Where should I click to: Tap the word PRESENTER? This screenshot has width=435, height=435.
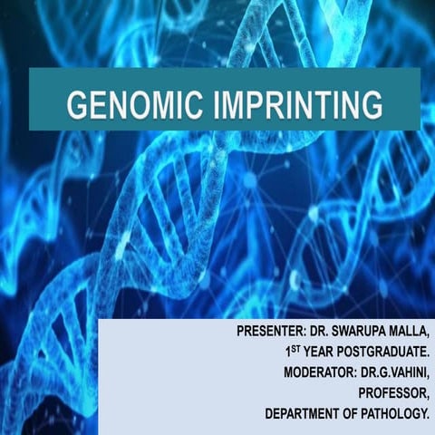[265, 333]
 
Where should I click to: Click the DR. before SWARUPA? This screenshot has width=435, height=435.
[322, 333]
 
